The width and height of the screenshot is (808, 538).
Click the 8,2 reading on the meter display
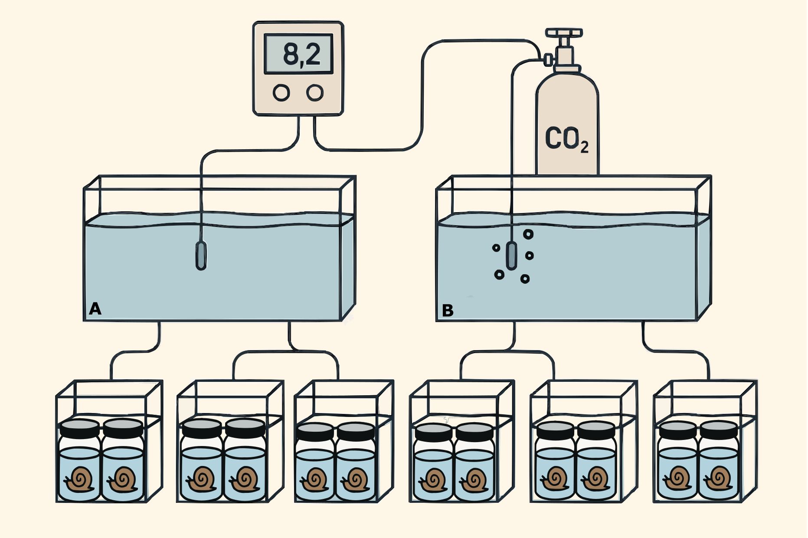(301, 54)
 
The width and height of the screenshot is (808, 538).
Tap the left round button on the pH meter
(281, 92)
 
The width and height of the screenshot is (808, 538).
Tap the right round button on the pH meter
(315, 92)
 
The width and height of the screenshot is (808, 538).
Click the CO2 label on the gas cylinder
(566, 139)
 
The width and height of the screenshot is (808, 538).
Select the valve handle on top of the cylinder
(564, 33)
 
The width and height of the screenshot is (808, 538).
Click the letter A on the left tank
(95, 309)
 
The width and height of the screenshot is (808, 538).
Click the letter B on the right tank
(448, 311)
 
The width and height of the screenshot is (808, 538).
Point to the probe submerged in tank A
(201, 256)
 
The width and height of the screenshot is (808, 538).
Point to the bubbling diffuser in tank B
(512, 256)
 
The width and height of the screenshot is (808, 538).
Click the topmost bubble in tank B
(528, 234)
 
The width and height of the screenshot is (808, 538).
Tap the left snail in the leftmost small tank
(79, 480)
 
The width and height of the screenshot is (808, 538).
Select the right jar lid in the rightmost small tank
(719, 429)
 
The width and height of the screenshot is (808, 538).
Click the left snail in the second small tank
(200, 479)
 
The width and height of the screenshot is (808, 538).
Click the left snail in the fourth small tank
(432, 481)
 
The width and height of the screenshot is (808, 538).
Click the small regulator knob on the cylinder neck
(548, 59)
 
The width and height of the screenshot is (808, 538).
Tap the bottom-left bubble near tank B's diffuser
(499, 274)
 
